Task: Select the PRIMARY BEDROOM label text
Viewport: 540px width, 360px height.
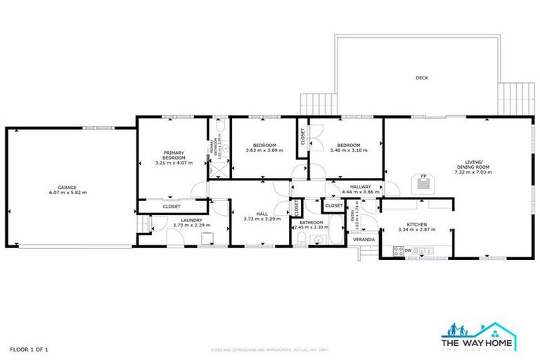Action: tap(174, 155)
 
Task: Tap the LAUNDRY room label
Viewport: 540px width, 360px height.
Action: tap(191, 220)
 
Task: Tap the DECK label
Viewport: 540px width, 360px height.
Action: tap(422, 78)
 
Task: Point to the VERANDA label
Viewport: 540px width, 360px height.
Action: tap(364, 239)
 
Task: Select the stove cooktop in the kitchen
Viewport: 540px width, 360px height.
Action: tap(397, 250)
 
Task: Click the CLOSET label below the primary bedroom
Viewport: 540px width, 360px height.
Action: tap(172, 207)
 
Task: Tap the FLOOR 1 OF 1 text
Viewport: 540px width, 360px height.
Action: tap(29, 349)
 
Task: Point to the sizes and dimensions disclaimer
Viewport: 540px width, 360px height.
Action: tap(269, 349)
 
